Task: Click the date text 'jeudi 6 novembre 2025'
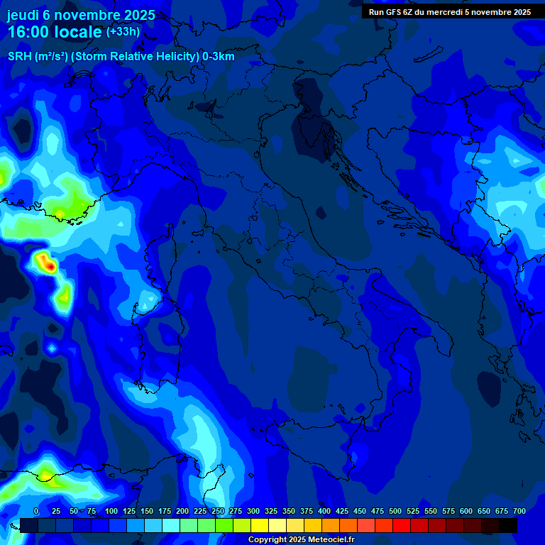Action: pos(81,15)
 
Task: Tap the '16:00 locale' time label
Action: pos(54,32)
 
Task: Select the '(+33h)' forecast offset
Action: pos(123,32)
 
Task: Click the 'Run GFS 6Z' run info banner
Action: pos(449,12)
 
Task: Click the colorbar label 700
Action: pos(519,512)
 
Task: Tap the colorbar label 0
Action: pos(36,512)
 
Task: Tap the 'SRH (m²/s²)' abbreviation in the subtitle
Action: pos(37,57)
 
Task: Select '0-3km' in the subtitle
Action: pos(219,57)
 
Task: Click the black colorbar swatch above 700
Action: pos(508,525)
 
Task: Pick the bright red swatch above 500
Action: pos(384,525)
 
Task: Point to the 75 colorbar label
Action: pos(92,512)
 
